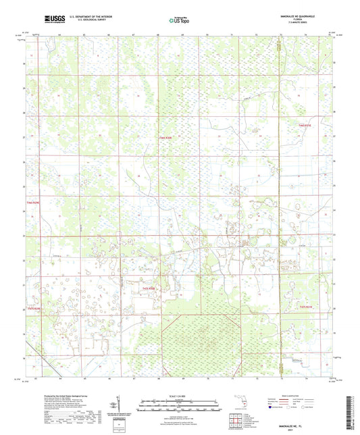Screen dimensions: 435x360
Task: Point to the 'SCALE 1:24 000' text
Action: click(x=180, y=395)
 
